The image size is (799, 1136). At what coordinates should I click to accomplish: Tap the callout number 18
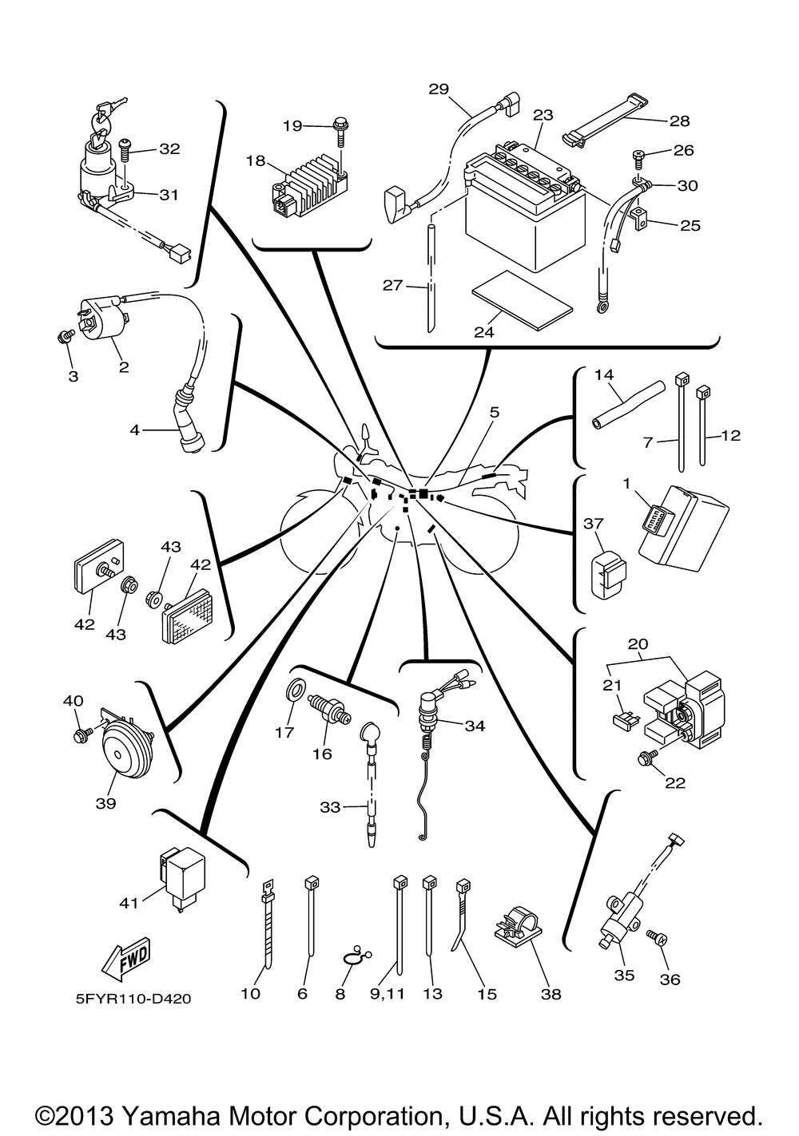(x=256, y=160)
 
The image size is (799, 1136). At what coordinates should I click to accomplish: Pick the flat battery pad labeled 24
(x=522, y=301)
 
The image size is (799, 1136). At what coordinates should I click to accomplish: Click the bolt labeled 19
(x=339, y=133)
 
